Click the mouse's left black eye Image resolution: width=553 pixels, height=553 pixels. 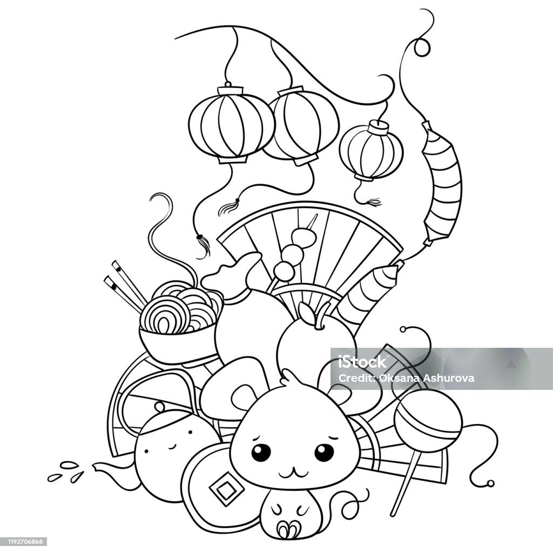261,452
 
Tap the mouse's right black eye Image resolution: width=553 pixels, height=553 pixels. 324,452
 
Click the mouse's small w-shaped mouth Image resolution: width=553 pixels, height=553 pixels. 292,471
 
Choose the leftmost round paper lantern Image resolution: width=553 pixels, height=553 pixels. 231,125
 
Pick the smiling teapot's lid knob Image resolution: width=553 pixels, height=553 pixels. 160,407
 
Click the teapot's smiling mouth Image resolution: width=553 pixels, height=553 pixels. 172,447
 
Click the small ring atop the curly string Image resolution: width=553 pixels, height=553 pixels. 422,47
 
